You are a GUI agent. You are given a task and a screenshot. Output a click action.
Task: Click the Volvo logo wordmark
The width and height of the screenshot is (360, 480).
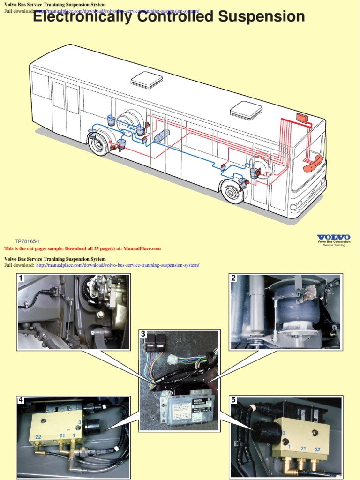click(x=333, y=237)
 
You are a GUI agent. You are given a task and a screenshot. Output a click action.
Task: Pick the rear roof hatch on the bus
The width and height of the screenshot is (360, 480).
click(x=147, y=80)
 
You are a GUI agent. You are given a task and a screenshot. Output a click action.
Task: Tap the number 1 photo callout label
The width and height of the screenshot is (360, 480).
click(x=21, y=278)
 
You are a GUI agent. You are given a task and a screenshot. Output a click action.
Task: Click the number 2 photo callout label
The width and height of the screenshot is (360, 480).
click(x=233, y=278)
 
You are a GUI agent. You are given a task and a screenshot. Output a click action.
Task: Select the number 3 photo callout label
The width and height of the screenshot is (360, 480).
click(x=143, y=334)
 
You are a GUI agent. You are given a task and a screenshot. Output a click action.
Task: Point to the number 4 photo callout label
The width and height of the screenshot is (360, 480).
click(x=21, y=400)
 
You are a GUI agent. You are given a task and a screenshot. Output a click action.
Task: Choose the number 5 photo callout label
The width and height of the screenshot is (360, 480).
click(x=233, y=400)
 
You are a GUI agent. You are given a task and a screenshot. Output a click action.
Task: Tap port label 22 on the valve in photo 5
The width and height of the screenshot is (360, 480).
click(x=317, y=449)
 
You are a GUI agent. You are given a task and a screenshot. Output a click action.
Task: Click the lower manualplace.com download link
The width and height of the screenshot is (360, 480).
click(x=117, y=265)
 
